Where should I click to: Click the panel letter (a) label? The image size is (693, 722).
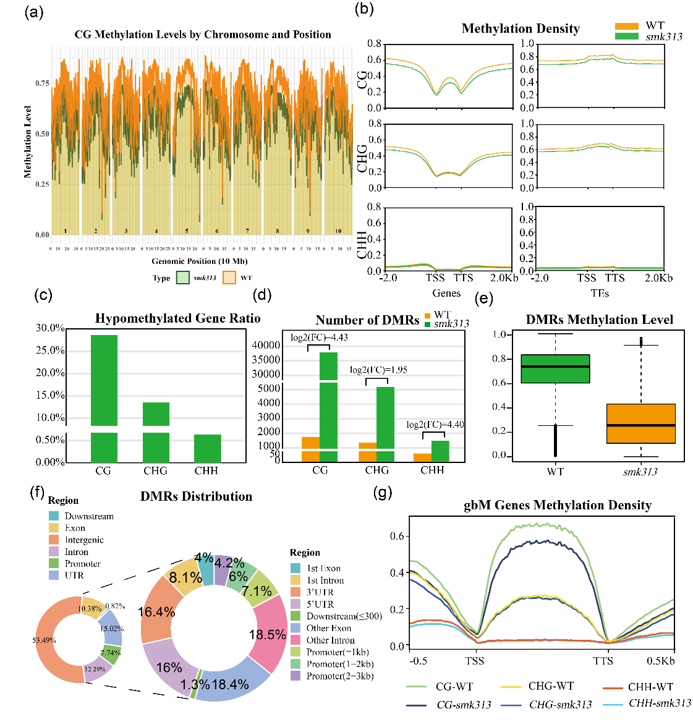pos(34,12)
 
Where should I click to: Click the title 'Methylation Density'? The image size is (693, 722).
pos(521,28)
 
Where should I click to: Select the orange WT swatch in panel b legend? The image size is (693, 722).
pos(626,26)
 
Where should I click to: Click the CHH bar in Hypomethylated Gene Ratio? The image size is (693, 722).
pos(207,448)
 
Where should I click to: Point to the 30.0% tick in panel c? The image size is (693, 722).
pos(50,328)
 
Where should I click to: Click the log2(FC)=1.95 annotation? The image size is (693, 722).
pos(378,370)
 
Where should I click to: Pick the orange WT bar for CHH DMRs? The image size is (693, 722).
pos(422,457)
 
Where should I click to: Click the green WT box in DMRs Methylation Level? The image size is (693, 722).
pos(555,368)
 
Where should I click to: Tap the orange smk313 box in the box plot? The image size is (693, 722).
pos(640,423)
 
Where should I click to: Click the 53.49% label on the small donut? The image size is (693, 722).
pos(44,640)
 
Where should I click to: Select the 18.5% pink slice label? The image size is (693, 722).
pos(267,635)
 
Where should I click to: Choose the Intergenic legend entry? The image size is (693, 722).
pos(84,540)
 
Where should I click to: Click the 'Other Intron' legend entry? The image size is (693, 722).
pos(330,640)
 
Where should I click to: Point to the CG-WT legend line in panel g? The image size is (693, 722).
pos(417,686)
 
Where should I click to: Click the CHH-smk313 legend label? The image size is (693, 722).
pos(660,703)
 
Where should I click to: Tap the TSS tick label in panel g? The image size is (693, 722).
pos(475,661)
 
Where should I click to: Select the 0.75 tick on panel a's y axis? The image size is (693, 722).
pos(42,83)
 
